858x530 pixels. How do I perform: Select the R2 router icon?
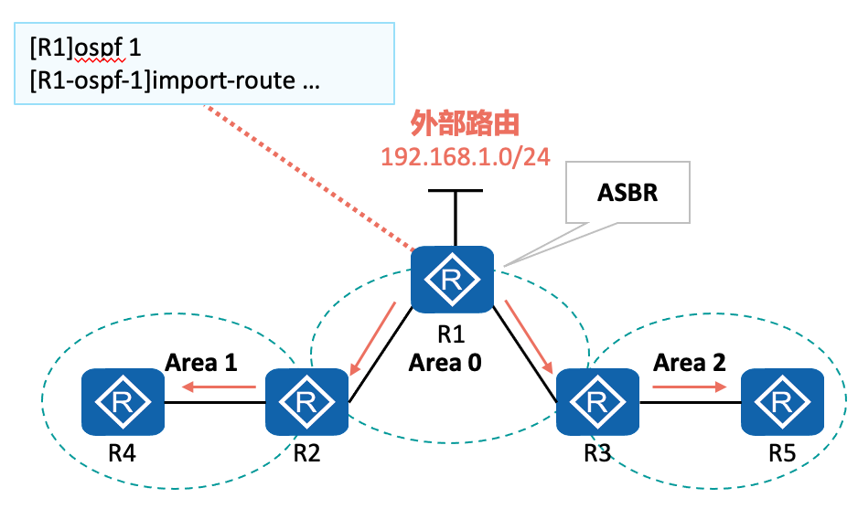(x=307, y=401)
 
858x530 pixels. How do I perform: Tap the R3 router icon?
(x=597, y=401)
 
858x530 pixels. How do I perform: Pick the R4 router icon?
(x=122, y=401)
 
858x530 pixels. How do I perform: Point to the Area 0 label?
(x=445, y=363)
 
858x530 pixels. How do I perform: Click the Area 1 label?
(x=201, y=363)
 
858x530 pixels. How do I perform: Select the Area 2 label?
(x=689, y=363)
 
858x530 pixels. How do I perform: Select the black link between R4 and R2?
(x=214, y=402)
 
